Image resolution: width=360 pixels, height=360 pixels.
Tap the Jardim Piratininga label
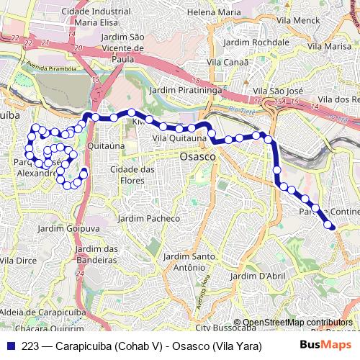click(184, 91)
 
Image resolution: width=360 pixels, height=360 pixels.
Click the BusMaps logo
click(325, 346)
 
